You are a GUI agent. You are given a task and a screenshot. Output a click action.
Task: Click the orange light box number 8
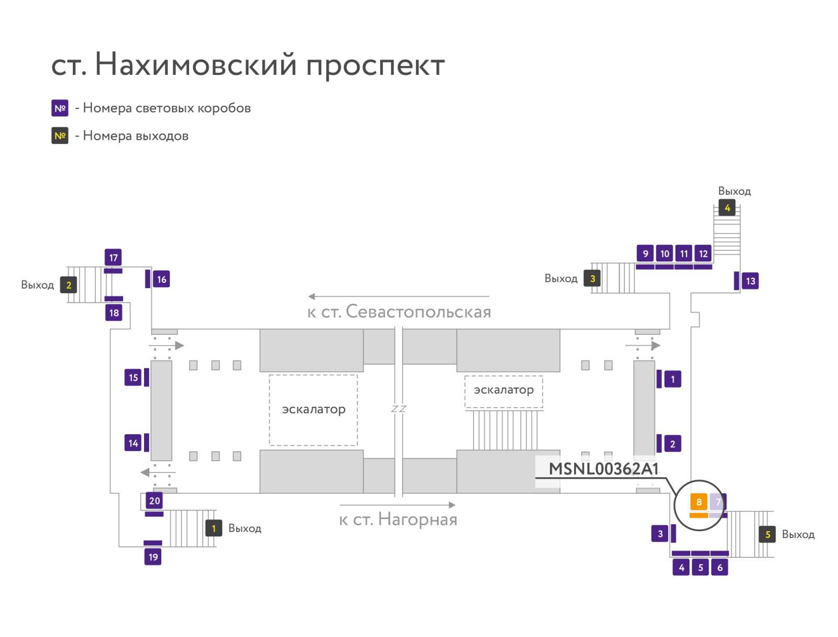[x=698, y=501]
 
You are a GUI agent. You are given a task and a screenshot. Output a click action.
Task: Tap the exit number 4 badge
[x=726, y=207]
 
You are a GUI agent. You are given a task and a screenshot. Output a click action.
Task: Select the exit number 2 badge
[x=68, y=285]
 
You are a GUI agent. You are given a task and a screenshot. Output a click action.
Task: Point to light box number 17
[x=113, y=258]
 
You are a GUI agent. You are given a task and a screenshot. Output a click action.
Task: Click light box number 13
[x=750, y=281]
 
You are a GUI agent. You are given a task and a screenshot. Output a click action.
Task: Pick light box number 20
[x=154, y=501]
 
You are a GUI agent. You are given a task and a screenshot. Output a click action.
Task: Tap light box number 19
[x=153, y=556]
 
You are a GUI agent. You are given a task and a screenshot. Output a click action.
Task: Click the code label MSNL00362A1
[x=603, y=469]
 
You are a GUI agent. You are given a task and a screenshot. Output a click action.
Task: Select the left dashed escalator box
[x=313, y=410]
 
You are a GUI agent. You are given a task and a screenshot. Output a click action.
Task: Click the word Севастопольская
[x=418, y=312]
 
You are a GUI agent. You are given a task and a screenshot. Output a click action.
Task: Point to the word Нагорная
[x=417, y=519]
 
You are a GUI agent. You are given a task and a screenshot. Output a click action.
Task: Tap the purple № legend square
[x=60, y=108]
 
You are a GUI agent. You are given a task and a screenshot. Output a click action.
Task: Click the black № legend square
[x=60, y=136]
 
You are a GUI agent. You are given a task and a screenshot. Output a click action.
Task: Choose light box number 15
[x=133, y=378]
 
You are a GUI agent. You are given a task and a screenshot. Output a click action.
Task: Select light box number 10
[x=664, y=254]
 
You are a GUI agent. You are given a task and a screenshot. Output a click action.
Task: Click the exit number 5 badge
[x=767, y=534]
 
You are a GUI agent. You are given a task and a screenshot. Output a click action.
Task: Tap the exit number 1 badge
[x=213, y=528]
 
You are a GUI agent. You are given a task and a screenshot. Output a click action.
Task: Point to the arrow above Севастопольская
[x=399, y=296]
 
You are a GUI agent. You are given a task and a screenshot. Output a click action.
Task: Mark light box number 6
[x=719, y=567]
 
